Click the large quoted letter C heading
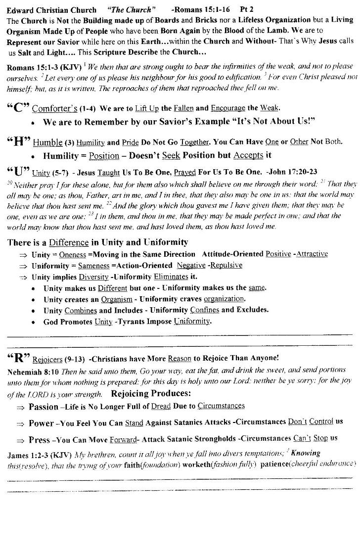(19, 108)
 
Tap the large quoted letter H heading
(19, 142)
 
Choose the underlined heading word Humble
(47, 142)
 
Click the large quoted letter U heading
(19, 172)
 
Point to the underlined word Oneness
(73, 254)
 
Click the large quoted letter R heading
(19, 357)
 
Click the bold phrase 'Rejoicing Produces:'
(151, 394)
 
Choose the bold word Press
(39, 440)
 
